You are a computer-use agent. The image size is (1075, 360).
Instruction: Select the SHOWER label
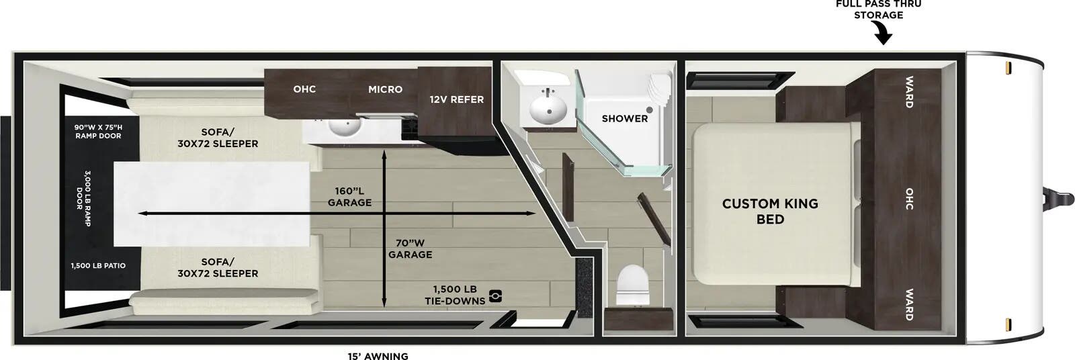(x=624, y=118)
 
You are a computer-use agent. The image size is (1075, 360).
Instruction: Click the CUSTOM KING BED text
(x=770, y=211)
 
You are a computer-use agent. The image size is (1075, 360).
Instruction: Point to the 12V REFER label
(x=456, y=99)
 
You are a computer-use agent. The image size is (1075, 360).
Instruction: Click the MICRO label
(x=385, y=89)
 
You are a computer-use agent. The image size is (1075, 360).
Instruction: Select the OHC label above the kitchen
(x=304, y=89)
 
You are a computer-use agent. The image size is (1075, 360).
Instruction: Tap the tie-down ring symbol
(x=495, y=295)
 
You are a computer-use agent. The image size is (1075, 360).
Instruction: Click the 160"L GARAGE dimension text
(x=349, y=196)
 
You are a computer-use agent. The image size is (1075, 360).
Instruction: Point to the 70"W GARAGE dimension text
(x=410, y=249)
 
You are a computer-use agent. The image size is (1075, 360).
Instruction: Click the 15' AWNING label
(x=378, y=356)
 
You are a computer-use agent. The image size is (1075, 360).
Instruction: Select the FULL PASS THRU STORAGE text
(x=878, y=9)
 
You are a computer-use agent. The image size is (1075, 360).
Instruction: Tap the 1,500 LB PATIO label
(x=98, y=266)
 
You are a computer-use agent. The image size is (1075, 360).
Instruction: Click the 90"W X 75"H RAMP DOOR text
(x=98, y=132)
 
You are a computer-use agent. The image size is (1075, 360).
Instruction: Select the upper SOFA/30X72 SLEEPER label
(x=218, y=138)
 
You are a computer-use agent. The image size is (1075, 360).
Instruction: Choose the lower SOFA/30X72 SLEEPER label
(x=218, y=267)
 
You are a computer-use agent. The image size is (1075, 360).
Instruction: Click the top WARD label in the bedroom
(x=908, y=92)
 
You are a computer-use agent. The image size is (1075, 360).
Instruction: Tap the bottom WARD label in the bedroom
(x=908, y=304)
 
